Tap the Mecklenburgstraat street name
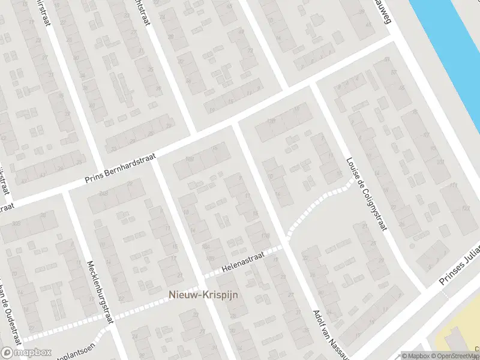click(101, 292)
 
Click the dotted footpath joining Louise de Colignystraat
click(324, 198)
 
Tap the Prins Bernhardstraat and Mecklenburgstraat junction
click(66, 191)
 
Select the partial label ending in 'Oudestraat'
click(10, 312)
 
